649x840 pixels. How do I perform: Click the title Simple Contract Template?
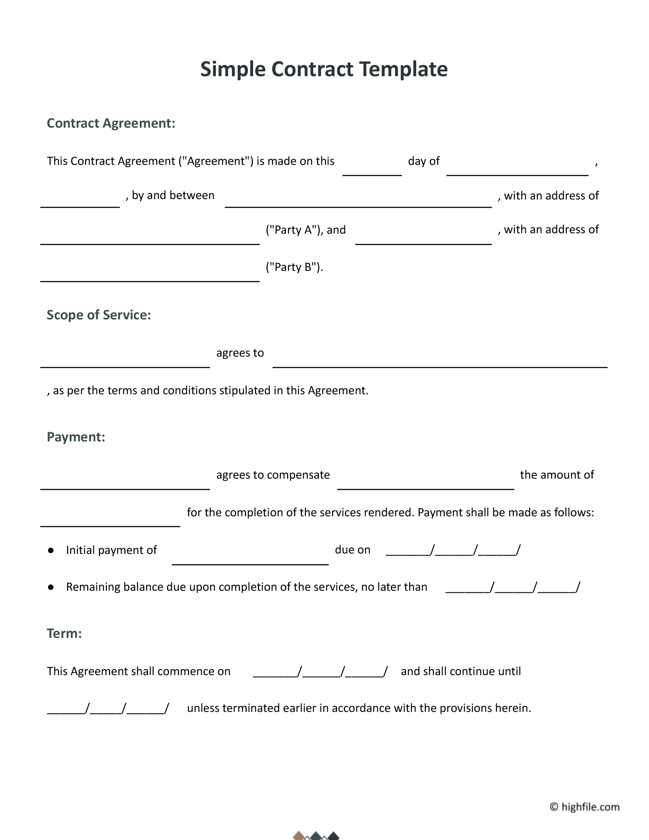[324, 69]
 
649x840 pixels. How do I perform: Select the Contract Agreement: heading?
[111, 123]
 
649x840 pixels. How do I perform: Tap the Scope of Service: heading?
[99, 315]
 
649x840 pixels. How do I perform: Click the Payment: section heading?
[76, 437]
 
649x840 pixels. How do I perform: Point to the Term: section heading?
[64, 634]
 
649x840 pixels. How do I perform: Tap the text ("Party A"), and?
[305, 230]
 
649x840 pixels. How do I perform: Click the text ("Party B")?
[294, 267]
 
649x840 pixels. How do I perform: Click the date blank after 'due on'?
[453, 551]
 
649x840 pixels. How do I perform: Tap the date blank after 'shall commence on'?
[320, 672]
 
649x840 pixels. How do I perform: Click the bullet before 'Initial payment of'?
[51, 550]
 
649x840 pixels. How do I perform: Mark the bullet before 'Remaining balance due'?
[51, 587]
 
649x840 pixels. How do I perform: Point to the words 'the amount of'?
[557, 475]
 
